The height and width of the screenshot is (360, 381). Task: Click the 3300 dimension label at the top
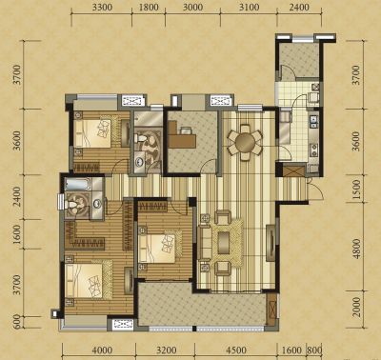(x=102, y=7)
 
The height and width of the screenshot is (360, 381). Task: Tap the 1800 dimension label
(x=149, y=7)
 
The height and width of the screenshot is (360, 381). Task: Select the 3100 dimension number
(x=249, y=7)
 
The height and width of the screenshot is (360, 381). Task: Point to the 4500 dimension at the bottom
(x=236, y=350)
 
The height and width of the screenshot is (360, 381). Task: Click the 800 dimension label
(x=314, y=350)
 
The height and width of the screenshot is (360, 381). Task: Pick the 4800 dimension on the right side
(x=357, y=249)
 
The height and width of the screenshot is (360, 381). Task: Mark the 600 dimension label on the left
(x=17, y=322)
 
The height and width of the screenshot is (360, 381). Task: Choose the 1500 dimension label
(x=357, y=189)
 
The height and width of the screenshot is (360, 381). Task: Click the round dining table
(x=245, y=142)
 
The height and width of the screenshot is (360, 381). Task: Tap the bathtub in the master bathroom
(x=78, y=185)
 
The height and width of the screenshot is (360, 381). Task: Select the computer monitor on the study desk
(x=186, y=130)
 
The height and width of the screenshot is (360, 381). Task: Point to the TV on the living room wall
(x=271, y=243)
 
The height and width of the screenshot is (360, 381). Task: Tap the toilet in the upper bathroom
(x=140, y=138)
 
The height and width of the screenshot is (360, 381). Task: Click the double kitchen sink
(x=314, y=121)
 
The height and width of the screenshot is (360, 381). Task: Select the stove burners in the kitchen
(x=314, y=150)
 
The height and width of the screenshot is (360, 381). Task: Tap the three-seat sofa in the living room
(x=205, y=242)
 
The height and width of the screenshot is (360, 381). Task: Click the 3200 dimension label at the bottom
(x=167, y=350)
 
